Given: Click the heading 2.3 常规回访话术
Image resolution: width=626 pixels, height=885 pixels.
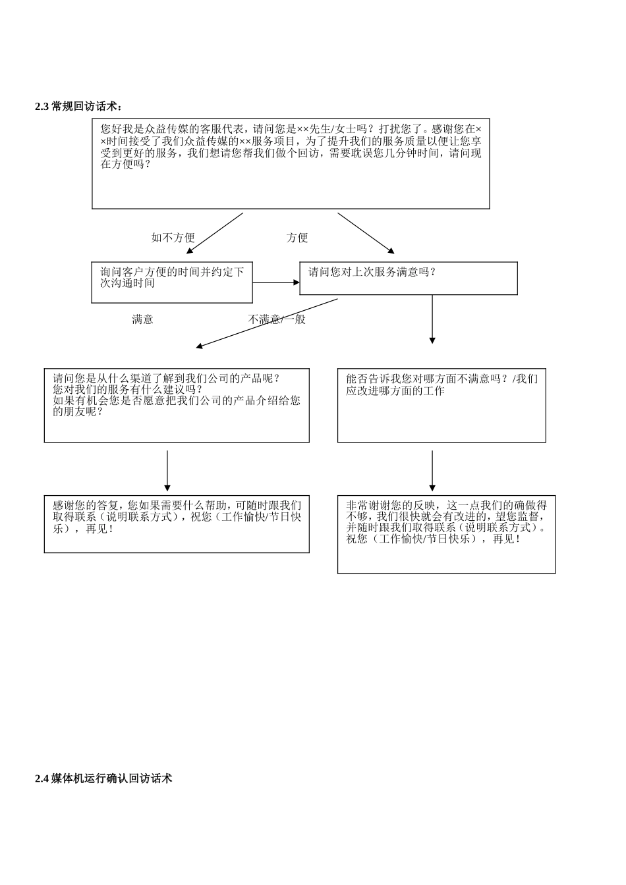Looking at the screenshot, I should (78, 107).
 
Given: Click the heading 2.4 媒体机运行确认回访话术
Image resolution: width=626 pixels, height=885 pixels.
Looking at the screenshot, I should (103, 778).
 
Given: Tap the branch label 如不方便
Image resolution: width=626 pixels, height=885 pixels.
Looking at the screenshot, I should (173, 238).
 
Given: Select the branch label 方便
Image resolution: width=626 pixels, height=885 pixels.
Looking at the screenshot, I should (297, 238).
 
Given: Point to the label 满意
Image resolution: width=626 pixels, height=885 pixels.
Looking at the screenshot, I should (142, 319).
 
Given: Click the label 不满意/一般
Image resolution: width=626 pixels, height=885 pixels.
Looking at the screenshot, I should (277, 319).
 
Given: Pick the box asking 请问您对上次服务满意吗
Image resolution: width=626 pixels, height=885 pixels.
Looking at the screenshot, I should (408, 278).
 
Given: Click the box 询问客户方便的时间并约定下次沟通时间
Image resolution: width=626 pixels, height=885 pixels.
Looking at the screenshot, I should (172, 282).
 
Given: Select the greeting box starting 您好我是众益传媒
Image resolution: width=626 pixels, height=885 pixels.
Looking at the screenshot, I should (291, 164).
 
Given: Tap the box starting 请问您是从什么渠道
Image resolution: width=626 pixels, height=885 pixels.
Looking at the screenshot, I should (177, 405).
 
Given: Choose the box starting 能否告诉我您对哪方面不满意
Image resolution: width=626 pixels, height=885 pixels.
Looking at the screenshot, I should (441, 405).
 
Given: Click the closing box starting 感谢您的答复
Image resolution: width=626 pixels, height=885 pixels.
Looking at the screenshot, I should (177, 523).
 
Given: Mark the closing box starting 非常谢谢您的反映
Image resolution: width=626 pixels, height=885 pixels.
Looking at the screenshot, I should (446, 534).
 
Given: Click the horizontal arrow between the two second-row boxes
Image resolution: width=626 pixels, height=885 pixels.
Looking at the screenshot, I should (276, 282).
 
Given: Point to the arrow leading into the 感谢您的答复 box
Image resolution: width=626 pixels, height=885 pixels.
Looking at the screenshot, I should (167, 470).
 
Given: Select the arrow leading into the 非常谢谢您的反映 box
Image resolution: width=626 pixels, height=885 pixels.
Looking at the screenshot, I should (432, 470).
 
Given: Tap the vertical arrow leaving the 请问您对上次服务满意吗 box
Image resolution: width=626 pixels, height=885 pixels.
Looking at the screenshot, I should (432, 319).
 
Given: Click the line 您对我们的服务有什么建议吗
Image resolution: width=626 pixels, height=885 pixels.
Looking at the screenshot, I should (128, 389).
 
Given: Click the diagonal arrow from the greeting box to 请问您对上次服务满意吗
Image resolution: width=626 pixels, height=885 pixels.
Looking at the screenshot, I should (366, 233).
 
